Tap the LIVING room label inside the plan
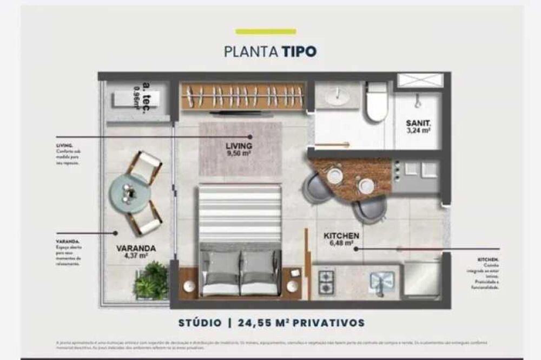[239, 146]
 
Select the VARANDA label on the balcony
[136, 249]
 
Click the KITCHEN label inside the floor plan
[341, 236]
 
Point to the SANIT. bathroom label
[418, 123]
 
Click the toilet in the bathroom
[377, 102]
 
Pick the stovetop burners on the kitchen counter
[327, 283]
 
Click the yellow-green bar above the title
[266, 32]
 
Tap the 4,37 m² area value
[136, 257]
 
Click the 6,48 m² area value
[341, 244]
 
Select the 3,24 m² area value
[418, 130]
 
